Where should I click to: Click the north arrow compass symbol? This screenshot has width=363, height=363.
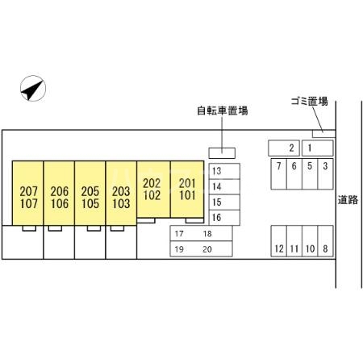(x=33, y=88)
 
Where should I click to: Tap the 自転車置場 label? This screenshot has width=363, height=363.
(x=223, y=111)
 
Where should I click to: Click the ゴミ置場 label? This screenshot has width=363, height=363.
(x=310, y=102)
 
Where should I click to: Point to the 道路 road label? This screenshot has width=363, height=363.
(x=348, y=200)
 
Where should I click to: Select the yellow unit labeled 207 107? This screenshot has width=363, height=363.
(x=27, y=193)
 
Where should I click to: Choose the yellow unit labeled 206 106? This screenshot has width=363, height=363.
(x=59, y=193)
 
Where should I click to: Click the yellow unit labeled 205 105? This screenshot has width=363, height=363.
(x=90, y=193)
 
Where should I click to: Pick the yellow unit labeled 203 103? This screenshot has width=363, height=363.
(x=121, y=193)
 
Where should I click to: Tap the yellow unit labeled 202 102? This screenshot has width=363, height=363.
(x=153, y=190)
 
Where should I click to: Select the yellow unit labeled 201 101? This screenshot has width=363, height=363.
(x=187, y=190)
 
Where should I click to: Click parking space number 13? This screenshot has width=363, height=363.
(x=224, y=171)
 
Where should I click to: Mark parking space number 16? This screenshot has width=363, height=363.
(x=224, y=218)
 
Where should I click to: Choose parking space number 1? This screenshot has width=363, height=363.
(x=317, y=148)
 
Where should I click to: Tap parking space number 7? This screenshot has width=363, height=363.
(x=279, y=174)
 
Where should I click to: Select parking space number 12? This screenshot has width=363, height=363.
(x=279, y=241)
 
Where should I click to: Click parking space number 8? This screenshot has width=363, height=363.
(x=325, y=241)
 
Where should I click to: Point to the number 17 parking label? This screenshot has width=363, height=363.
(x=179, y=234)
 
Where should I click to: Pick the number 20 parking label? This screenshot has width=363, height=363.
(x=207, y=249)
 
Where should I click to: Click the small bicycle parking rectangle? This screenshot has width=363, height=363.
(x=222, y=153)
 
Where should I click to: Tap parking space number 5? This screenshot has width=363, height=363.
(x=310, y=174)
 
